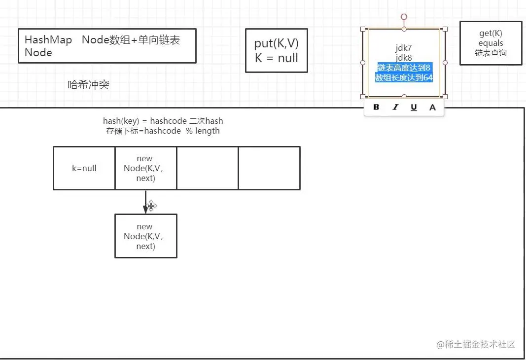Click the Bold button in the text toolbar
coord(376,107)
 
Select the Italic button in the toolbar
coord(395,107)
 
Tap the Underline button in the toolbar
coord(414,107)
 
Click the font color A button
coord(432,107)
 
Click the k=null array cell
coord(84,168)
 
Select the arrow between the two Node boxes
coord(145,201)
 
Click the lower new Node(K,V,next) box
coord(145,236)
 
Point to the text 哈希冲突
coord(89,85)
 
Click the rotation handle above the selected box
coord(404,17)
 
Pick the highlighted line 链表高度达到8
coord(404,67)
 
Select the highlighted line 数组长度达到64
coord(404,78)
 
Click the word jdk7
coord(404,48)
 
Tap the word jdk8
coord(404,58)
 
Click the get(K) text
coord(491,34)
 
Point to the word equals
coord(491,43)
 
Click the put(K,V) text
coord(277,44)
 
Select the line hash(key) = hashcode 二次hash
coord(163,121)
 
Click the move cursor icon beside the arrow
coord(151,206)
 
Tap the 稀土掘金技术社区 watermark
coord(476,344)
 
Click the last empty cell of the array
coord(269,168)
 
